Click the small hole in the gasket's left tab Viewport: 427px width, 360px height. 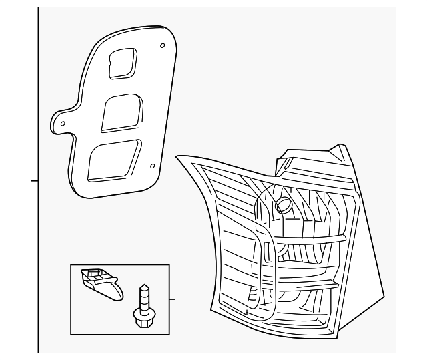pos(63,124)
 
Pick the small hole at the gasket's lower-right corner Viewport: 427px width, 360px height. pos(152,166)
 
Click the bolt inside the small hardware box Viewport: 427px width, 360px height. pos(142,305)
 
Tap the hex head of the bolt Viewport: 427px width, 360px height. pos(142,320)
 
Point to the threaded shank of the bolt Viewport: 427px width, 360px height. pos(142,295)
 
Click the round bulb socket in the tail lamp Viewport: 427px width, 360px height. pos(283,204)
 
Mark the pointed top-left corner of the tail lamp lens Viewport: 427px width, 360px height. pos(177,157)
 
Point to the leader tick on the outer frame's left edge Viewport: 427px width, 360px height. pos(34,180)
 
